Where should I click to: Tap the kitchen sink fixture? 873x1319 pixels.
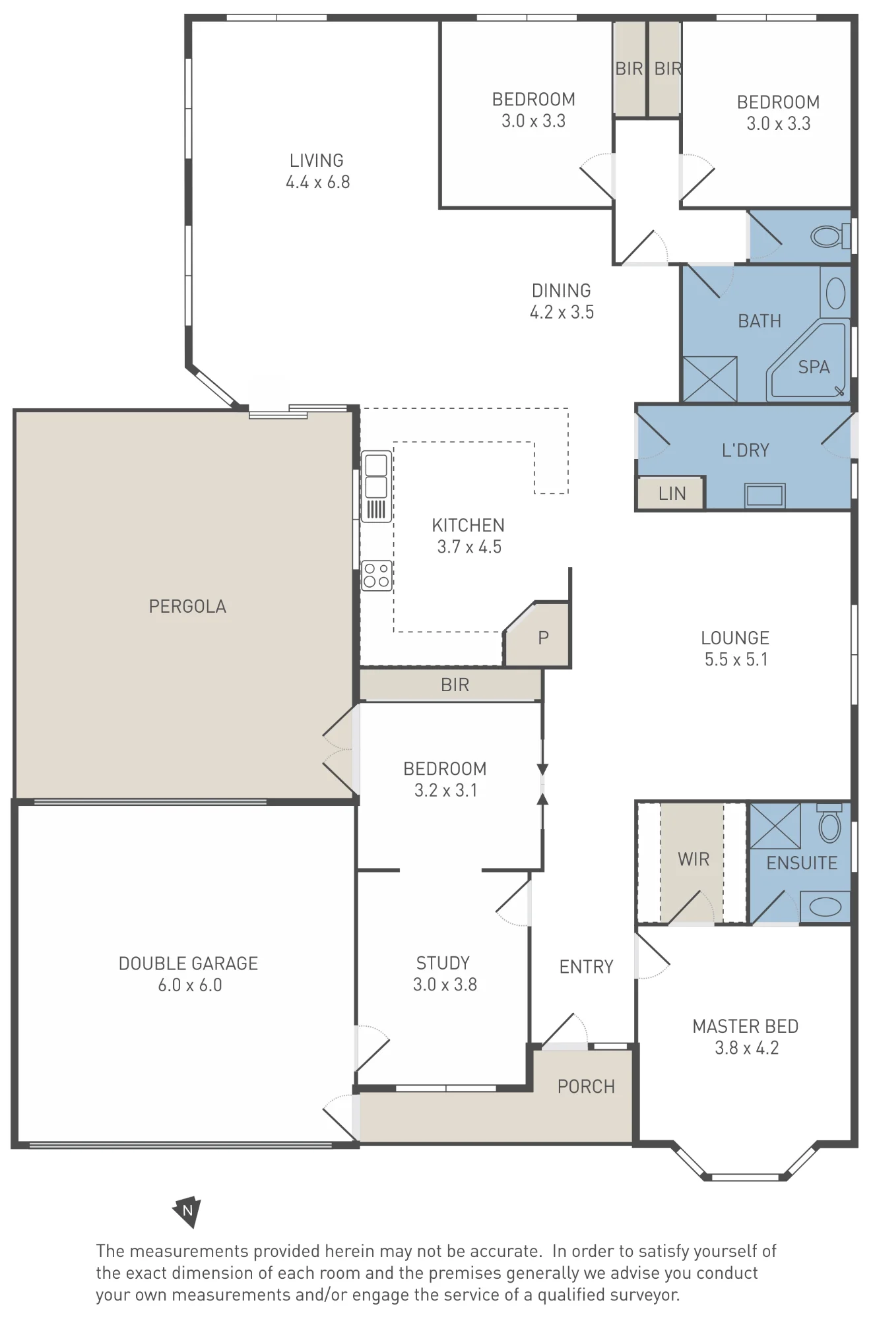pos(376,487)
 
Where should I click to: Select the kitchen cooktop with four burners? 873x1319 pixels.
pos(377,575)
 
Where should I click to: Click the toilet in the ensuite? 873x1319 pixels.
pos(829,822)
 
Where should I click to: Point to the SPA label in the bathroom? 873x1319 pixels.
pos(814,367)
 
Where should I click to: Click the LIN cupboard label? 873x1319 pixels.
pos(672,493)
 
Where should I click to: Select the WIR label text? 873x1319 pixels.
pos(694,859)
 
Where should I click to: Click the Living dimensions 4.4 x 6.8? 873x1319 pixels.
pos(317,182)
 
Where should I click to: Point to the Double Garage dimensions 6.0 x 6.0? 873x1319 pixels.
pos(190,985)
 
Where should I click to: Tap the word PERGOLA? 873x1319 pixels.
pos(187,607)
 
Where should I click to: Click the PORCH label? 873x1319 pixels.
pos(586,1086)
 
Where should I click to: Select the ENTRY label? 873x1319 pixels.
pos(586,967)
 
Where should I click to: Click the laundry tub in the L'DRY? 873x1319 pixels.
pos(765,495)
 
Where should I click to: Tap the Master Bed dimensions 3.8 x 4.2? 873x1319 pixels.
pos(747,1048)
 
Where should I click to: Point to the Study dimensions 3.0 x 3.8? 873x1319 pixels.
pos(445,985)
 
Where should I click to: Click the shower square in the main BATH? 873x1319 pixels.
pos(710,379)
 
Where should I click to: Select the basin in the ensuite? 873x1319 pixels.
pos(825,907)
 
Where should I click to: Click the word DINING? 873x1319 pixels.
pos(562,291)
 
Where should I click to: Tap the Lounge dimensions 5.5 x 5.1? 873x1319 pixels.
pos(736,659)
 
